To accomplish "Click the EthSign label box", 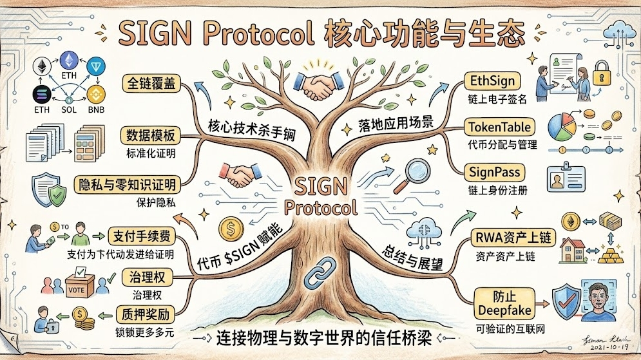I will [491, 82].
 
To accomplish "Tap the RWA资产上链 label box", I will [513, 238].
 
